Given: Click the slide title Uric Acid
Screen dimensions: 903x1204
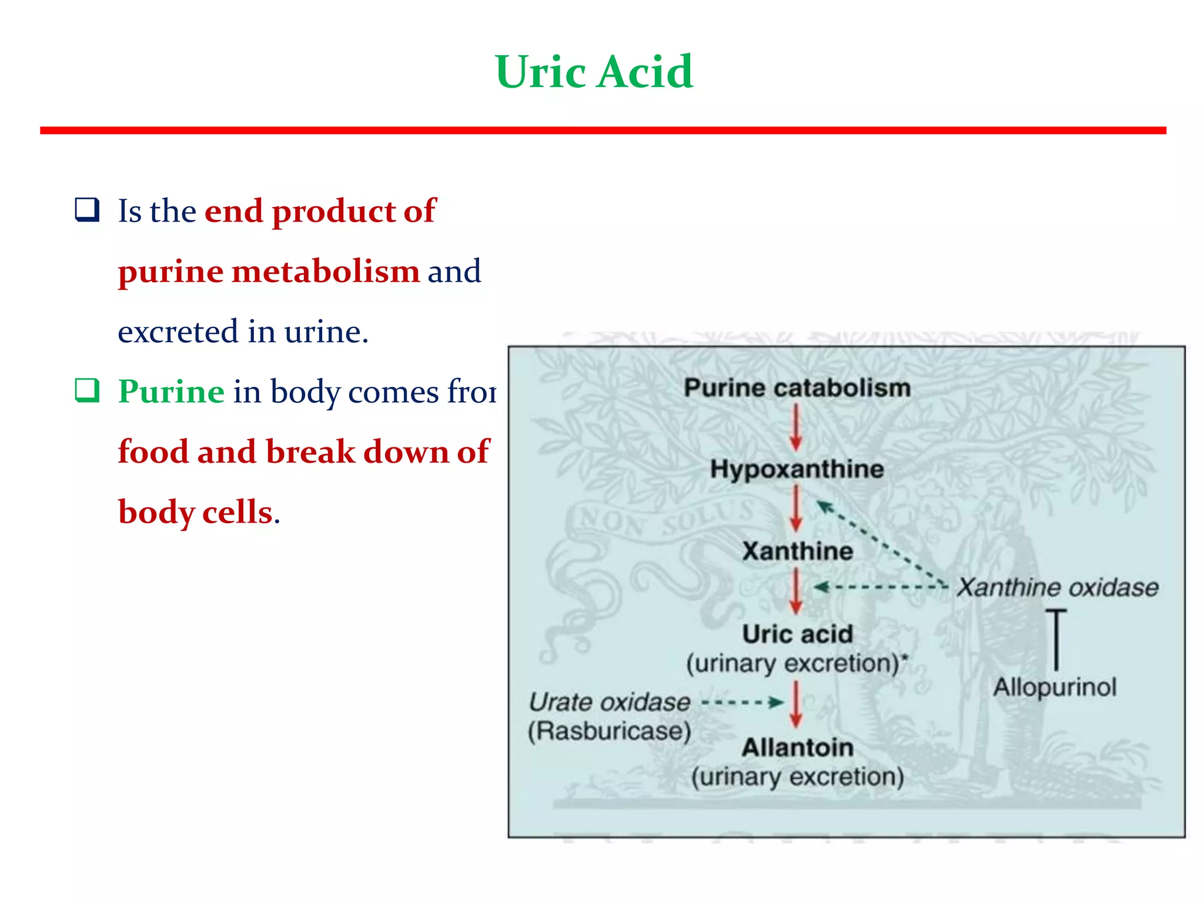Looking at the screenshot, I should click(594, 72).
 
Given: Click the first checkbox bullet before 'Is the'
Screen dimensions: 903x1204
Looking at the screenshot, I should click(87, 210).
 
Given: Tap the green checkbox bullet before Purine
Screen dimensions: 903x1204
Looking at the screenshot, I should click(87, 390).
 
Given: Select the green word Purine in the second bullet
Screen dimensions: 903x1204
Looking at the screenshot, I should click(171, 392).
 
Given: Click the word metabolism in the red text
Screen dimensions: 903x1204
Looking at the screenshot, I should click(326, 272).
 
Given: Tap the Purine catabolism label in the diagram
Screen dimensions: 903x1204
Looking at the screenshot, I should click(797, 388).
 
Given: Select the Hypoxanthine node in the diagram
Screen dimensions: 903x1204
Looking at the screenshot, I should click(797, 469).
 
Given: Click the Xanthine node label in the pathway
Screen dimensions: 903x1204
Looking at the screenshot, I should click(797, 551).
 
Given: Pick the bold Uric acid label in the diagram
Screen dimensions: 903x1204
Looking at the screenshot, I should click(797, 634).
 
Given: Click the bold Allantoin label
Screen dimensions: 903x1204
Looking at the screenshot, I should click(797, 748).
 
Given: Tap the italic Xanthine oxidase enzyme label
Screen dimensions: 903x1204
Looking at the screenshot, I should click(1057, 587).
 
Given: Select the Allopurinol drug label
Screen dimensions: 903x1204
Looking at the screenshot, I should click(1055, 687).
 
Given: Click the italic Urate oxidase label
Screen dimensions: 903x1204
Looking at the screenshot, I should click(609, 702).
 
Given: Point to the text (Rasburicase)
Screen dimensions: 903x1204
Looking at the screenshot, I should click(609, 731).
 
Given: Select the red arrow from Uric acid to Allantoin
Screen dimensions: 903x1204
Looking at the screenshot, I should click(796, 704).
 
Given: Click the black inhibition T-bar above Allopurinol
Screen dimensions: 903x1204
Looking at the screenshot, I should click(1056, 640).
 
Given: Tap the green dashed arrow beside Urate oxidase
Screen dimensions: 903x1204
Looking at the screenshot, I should click(743, 702).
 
